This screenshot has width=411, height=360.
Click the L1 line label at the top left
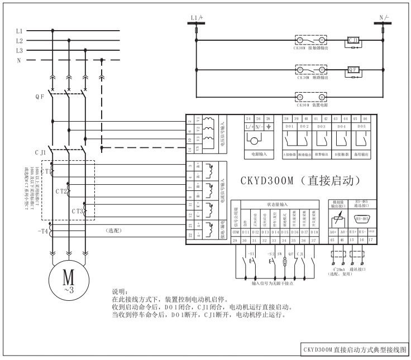coord(20,31)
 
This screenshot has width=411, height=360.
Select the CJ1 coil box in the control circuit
coord(354,41)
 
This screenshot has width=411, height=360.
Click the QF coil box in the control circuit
coord(354,71)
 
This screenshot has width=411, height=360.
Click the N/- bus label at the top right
coord(383,17)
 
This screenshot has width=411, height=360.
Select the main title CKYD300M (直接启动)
coord(295,181)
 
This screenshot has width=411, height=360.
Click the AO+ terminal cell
coord(333,232)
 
